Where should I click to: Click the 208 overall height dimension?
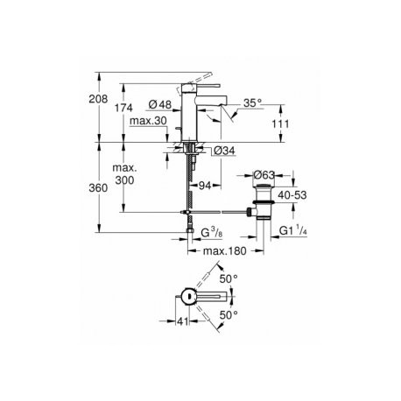coord(98,99)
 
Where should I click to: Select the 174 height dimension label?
coord(123,108)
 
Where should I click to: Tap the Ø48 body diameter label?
coord(160,104)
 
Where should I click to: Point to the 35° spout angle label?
coord(253,103)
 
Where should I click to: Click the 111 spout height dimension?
coord(280,124)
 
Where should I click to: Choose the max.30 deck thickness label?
coord(148,121)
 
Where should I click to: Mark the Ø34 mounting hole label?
coord(224,151)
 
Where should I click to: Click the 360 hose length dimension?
coord(98,188)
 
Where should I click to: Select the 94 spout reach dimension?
coord(205,186)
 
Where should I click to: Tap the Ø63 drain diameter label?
coord(264,175)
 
